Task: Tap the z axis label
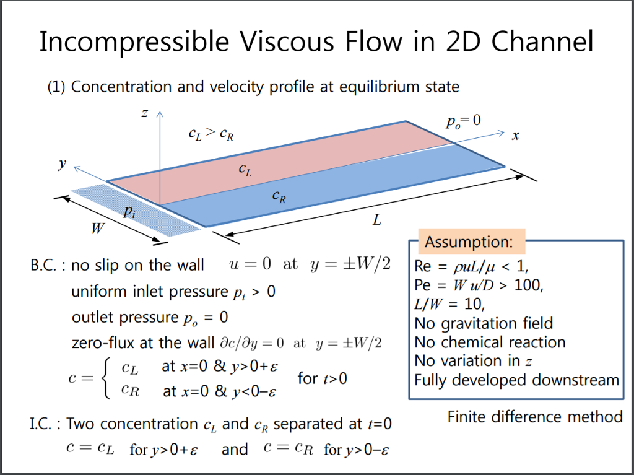(x=144, y=113)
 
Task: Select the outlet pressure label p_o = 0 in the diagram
(x=462, y=120)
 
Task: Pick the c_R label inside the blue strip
(x=279, y=197)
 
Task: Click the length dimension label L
(x=376, y=220)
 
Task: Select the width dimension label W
(x=97, y=229)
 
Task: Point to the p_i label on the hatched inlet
(x=128, y=211)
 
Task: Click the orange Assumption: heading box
(x=469, y=241)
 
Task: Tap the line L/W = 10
(x=449, y=305)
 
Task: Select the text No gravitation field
(x=484, y=323)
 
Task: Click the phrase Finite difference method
(x=535, y=416)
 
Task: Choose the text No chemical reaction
(x=490, y=342)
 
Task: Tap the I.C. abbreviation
(x=45, y=424)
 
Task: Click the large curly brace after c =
(x=106, y=378)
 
